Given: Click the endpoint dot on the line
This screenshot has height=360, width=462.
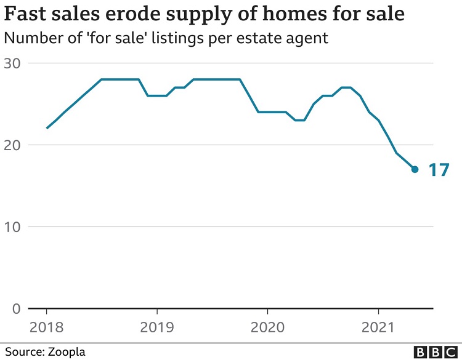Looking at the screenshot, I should tap(415, 169).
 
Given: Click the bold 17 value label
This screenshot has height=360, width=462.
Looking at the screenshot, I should tap(439, 170).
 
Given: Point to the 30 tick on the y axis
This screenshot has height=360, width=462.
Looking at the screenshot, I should tap(12, 63).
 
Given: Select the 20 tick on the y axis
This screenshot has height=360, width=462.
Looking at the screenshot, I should tap(12, 145).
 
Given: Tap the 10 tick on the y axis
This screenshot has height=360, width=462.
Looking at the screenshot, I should tap(12, 227).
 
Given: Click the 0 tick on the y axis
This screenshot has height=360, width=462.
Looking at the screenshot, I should tap(17, 308).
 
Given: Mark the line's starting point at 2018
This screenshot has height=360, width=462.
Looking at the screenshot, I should tap(47, 128).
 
